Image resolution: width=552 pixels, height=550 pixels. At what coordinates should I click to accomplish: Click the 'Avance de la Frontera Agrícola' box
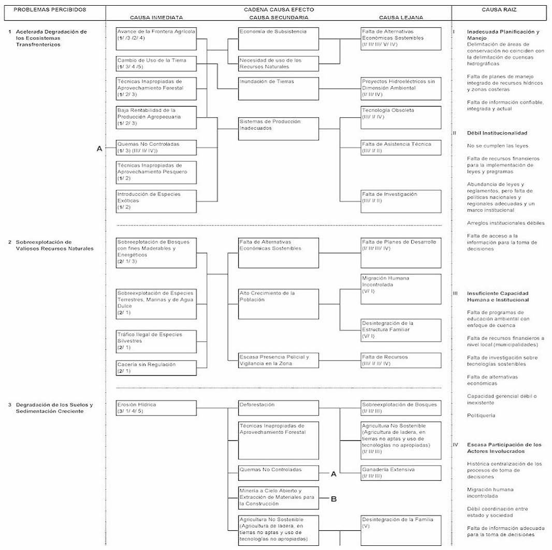156,39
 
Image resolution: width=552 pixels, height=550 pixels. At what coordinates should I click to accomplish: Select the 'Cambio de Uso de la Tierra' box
156,64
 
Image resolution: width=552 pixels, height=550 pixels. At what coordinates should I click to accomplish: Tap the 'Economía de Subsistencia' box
279,39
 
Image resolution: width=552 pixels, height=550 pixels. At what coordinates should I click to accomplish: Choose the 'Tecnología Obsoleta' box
401,117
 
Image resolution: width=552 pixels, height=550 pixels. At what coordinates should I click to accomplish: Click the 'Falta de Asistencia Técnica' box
401,147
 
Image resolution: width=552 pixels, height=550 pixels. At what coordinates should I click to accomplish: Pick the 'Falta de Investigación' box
401,201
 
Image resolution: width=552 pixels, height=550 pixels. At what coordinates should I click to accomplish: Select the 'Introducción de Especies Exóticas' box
156,201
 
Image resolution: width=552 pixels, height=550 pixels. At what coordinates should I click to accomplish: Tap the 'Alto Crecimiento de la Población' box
279,304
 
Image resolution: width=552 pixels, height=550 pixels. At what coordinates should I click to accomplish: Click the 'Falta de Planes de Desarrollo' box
401,252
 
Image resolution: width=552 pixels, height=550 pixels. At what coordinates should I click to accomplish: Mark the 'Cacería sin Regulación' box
156,368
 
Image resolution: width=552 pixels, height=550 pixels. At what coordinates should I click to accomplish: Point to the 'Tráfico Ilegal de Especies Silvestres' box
156,341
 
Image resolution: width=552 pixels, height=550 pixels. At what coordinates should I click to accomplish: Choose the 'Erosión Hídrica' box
156,408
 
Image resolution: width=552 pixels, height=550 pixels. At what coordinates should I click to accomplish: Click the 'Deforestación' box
279,408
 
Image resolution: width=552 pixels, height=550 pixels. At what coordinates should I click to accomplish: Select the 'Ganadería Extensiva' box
401,472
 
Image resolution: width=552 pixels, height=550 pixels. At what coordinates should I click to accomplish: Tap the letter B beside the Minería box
334,499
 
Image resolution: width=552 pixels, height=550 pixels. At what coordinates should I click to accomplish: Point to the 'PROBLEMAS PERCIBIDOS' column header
50,9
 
